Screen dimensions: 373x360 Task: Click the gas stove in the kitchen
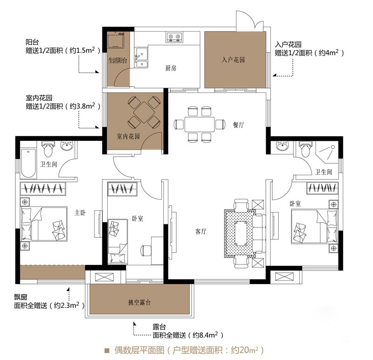click(x=174, y=37)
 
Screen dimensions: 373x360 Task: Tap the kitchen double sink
click(x=141, y=58)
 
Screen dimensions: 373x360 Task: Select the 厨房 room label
click(x=171, y=68)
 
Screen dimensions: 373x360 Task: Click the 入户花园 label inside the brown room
click(x=233, y=60)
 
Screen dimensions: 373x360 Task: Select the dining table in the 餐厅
click(x=200, y=124)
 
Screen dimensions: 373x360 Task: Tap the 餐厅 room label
click(x=239, y=125)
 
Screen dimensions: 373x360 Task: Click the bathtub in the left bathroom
click(x=28, y=163)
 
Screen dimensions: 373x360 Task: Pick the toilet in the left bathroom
click(x=48, y=149)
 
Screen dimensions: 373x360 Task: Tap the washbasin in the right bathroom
click(x=283, y=145)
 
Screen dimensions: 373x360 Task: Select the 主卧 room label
click(x=80, y=213)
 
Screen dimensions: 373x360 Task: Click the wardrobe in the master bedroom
click(x=43, y=189)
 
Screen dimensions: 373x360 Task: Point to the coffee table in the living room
click(x=241, y=234)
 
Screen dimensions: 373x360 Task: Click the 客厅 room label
click(x=201, y=231)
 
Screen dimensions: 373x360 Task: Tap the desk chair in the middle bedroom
click(x=146, y=250)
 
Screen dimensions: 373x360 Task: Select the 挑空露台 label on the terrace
click(x=139, y=302)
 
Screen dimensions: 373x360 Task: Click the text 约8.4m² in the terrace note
click(x=205, y=335)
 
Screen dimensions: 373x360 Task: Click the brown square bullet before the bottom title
click(x=107, y=350)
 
